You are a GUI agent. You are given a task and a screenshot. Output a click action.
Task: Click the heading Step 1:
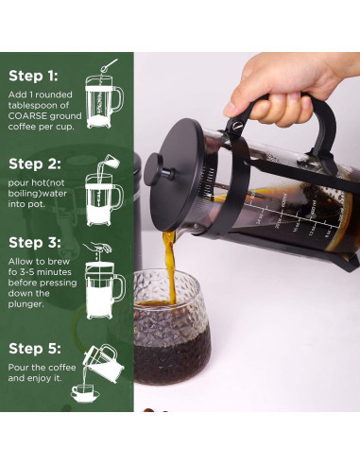coord(33,77)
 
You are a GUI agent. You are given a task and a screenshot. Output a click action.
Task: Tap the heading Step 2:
coord(34,164)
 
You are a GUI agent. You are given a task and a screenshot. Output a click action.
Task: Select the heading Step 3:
coord(34,243)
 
